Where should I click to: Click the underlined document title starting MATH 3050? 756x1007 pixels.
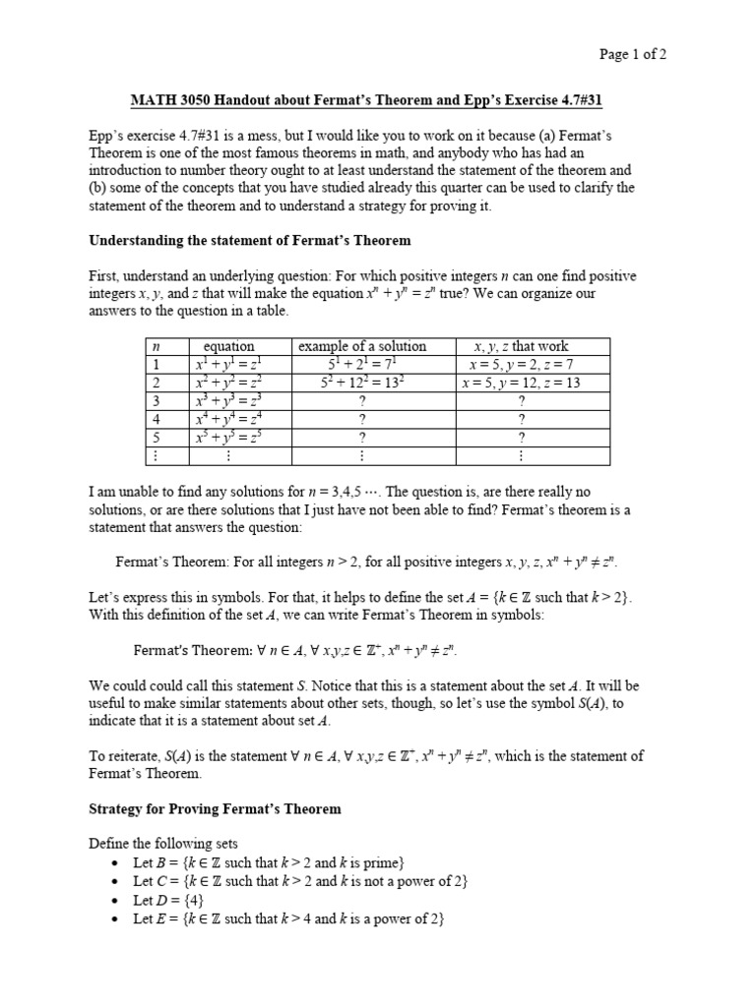377,100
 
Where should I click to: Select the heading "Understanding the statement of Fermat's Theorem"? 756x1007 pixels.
249,240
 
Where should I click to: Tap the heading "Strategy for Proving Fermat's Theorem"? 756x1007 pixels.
215,808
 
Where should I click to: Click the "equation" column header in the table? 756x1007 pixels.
228,346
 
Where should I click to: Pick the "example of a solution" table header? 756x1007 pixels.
362,346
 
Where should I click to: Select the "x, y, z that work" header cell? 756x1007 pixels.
521,346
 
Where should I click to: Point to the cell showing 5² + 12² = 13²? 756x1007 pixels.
362,383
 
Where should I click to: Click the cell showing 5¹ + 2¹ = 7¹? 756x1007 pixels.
362,364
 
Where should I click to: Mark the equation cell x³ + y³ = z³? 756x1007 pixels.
228,401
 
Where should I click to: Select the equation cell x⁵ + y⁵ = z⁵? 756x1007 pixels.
228,438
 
